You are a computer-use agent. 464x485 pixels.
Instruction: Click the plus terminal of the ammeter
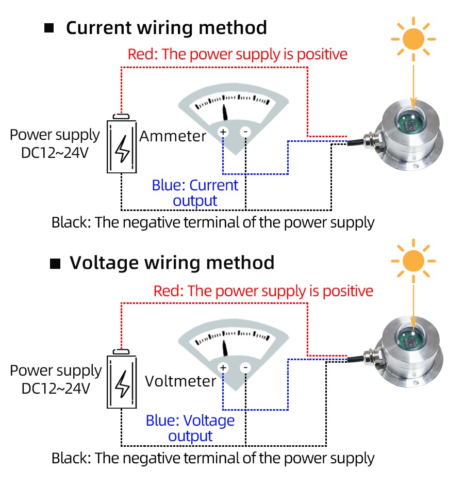[223, 132]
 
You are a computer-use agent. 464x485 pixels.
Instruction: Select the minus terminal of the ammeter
[245, 132]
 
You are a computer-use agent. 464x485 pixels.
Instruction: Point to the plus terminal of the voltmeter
[223, 368]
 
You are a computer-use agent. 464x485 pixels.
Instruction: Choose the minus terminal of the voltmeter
[245, 368]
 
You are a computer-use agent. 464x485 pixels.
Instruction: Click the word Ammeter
[173, 136]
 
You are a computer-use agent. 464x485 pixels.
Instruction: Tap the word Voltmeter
[180, 381]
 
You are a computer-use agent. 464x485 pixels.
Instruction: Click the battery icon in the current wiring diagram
[122, 145]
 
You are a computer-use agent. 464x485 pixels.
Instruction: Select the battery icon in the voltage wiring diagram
[122, 381]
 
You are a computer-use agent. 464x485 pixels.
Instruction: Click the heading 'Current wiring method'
[166, 27]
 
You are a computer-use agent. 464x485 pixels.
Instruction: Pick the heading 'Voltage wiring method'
[172, 263]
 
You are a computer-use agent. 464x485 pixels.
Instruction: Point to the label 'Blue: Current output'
[195, 192]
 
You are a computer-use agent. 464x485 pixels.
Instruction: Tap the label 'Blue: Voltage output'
[190, 428]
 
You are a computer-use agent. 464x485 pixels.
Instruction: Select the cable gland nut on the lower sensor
[370, 357]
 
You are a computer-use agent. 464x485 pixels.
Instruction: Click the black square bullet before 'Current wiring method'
[49, 28]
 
